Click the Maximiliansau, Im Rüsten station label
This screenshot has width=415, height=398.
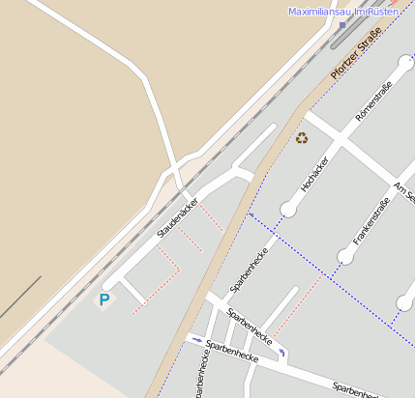(343, 11)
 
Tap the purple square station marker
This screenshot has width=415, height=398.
(341, 25)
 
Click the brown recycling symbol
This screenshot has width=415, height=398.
(303, 138)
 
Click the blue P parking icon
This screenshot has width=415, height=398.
(104, 300)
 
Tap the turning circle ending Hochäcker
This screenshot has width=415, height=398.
(288, 209)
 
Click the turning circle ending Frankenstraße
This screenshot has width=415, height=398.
(345, 256)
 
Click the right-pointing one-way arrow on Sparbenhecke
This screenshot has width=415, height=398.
(196, 339)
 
